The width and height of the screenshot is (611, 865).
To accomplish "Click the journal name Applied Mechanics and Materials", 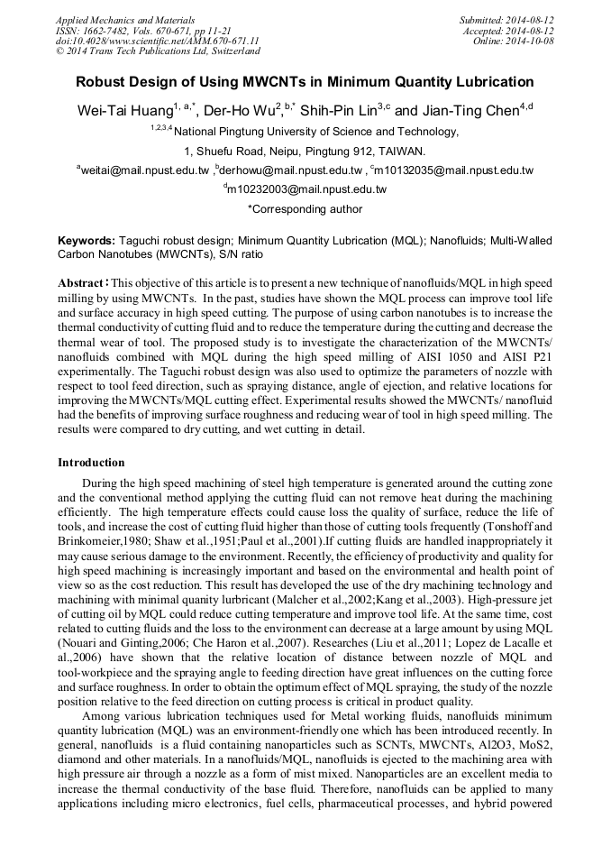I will (x=113, y=19).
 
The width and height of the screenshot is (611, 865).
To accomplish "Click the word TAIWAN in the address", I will (x=402, y=151).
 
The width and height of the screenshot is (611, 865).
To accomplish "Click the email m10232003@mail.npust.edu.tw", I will (x=305, y=189).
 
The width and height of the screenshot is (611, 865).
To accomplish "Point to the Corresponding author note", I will (x=305, y=209).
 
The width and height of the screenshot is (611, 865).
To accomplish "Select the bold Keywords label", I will (x=87, y=241).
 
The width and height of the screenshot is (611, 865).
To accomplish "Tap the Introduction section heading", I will (x=91, y=463).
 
